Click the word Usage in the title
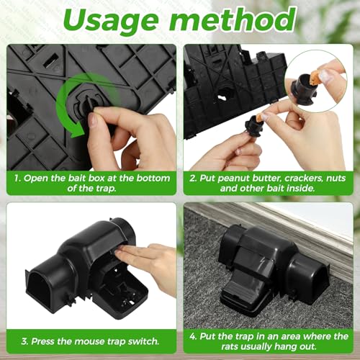pyautogui.click(x=111, y=22)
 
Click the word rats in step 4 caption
pyautogui.click(x=230, y=346)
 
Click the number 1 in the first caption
pyautogui.click(x=17, y=179)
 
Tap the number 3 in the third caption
pyautogui.click(x=24, y=341)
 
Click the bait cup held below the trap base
pyautogui.click(x=254, y=126)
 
